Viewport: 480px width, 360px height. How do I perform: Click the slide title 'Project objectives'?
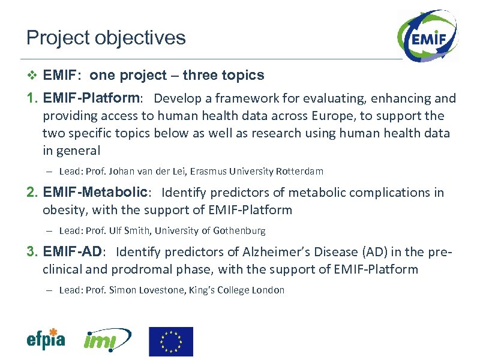106,38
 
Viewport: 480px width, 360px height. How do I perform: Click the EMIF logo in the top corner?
427,38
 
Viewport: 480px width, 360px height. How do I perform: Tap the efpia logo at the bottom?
46,340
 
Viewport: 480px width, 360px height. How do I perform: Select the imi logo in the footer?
107,341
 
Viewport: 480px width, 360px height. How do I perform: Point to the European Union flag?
171,341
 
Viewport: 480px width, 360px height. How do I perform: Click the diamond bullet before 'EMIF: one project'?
32,76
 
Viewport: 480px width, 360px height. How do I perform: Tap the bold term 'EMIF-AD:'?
75,252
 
